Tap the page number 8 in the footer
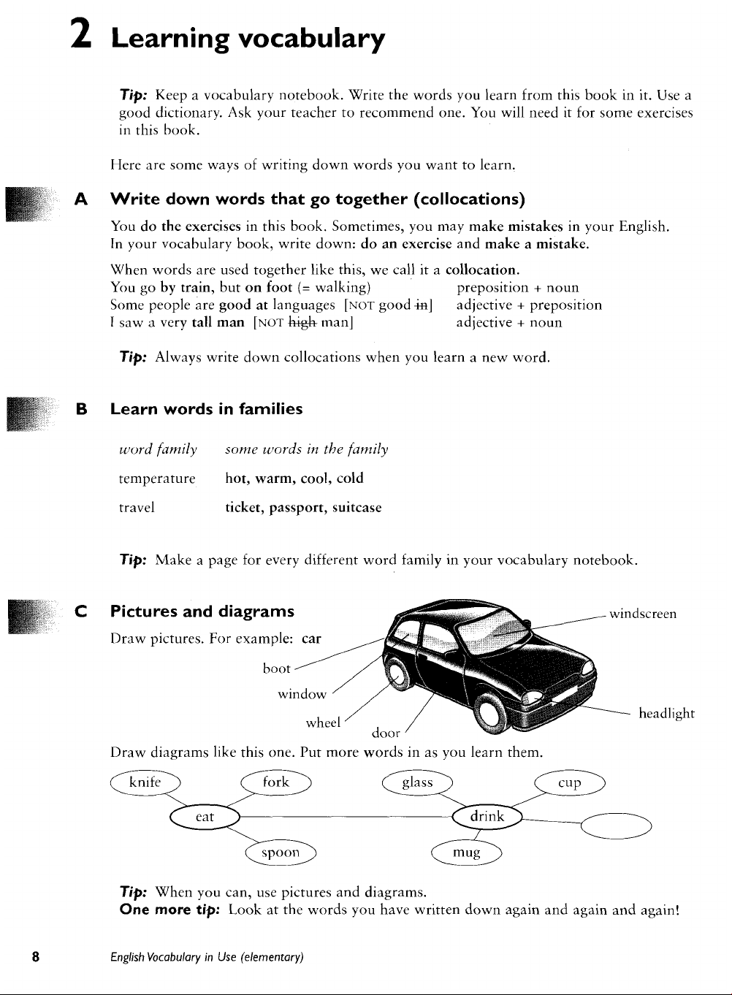pyautogui.click(x=36, y=956)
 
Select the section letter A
pyautogui.click(x=81, y=199)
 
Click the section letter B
pyautogui.click(x=82, y=409)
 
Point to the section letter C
pyautogui.click(x=81, y=611)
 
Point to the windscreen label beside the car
pyautogui.click(x=643, y=614)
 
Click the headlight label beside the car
pyautogui.click(x=667, y=714)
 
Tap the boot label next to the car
pyautogui.click(x=276, y=668)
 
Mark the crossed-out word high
pyautogui.click(x=302, y=322)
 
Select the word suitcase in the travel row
pyautogui.click(x=357, y=508)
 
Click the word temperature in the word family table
pyautogui.click(x=157, y=479)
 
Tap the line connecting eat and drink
pyautogui.click(x=346, y=817)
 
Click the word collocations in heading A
pyautogui.click(x=469, y=199)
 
